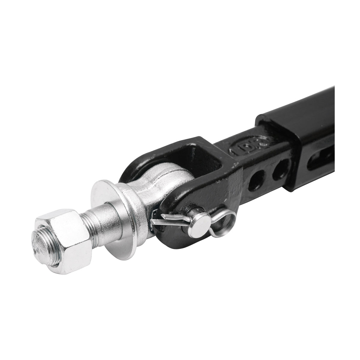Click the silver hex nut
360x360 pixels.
click(x=64, y=237)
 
